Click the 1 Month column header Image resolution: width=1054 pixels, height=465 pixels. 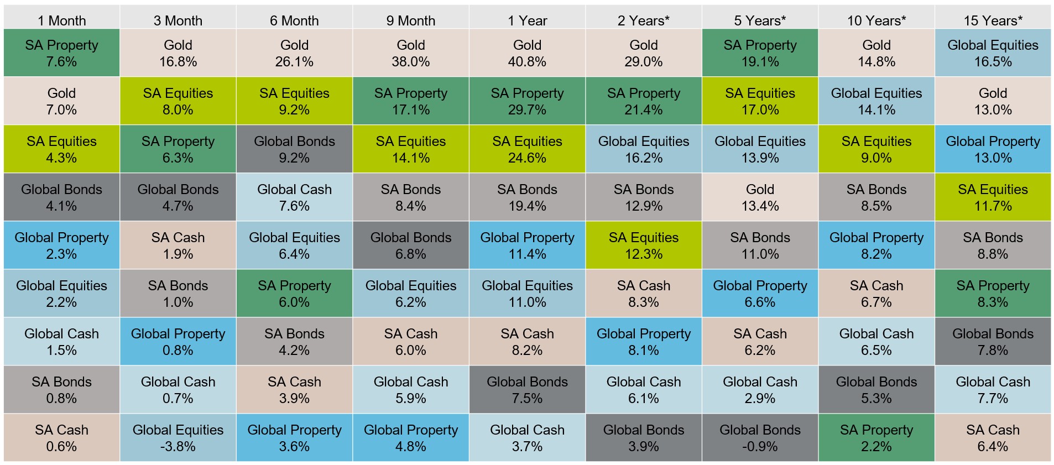pyautogui.click(x=61, y=20)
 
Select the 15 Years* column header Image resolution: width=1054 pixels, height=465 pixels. pyautogui.click(x=993, y=20)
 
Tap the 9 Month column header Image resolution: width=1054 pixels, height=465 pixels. pyautogui.click(x=410, y=20)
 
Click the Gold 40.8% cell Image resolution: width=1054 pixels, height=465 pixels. pyautogui.click(x=527, y=53)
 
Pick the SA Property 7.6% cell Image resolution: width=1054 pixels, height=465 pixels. pyautogui.click(x=61, y=53)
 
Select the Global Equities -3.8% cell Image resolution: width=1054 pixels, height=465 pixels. pyautogui.click(x=178, y=438)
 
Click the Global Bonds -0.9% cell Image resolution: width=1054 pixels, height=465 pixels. pyautogui.click(x=760, y=438)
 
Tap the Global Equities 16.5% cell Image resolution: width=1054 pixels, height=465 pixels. pyautogui.click(x=993, y=53)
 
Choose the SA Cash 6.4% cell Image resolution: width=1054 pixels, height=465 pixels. pyautogui.click(x=993, y=438)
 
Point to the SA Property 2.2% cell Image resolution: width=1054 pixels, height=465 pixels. pyautogui.click(x=876, y=438)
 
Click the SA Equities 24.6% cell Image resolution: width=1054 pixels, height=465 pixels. pyautogui.click(x=527, y=149)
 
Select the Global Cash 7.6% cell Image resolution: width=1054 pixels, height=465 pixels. pyautogui.click(x=294, y=197)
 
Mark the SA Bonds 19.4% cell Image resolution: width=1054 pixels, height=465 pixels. pyautogui.click(x=527, y=197)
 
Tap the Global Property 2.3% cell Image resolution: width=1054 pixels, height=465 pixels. pyautogui.click(x=61, y=245)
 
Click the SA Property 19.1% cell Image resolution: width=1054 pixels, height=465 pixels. pyautogui.click(x=760, y=53)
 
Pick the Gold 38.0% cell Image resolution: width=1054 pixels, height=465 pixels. pyautogui.click(x=410, y=53)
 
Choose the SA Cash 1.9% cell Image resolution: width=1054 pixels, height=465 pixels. pyautogui.click(x=178, y=245)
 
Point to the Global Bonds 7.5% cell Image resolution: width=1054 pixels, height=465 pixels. pyautogui.click(x=527, y=390)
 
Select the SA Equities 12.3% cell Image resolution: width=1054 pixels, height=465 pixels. pyautogui.click(x=644, y=245)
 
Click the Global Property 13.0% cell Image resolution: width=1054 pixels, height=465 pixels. pyautogui.click(x=993, y=149)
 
